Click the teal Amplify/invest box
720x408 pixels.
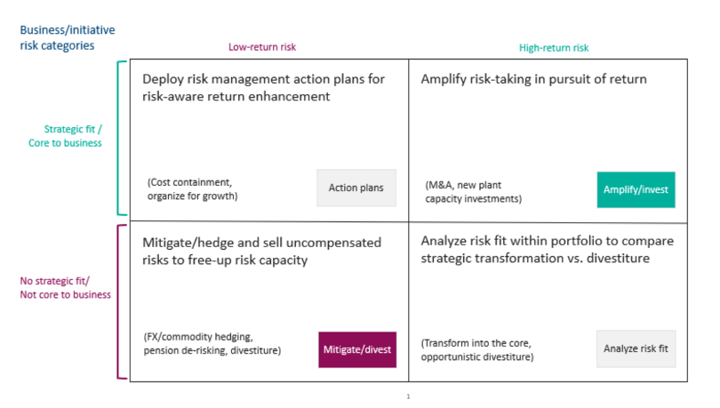tap(636, 189)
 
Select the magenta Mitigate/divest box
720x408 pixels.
tap(357, 349)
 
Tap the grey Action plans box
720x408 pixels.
tap(356, 188)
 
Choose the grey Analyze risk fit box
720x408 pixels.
tap(636, 348)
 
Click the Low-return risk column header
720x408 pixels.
tap(262, 47)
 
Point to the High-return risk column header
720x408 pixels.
tap(554, 48)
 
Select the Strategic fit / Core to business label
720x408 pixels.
tap(65, 136)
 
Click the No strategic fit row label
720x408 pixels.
tap(65, 288)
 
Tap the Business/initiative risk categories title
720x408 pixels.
tap(67, 37)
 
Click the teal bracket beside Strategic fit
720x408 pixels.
tap(118, 138)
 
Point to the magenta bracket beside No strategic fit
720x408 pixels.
tap(118, 301)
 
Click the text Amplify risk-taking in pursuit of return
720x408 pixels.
tap(533, 79)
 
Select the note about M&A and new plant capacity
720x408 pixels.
tap(474, 192)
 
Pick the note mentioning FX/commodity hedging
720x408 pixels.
tap(212, 343)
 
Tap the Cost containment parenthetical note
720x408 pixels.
tap(192, 189)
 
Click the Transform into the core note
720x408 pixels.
tap(477, 349)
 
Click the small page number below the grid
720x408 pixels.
tap(408, 396)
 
